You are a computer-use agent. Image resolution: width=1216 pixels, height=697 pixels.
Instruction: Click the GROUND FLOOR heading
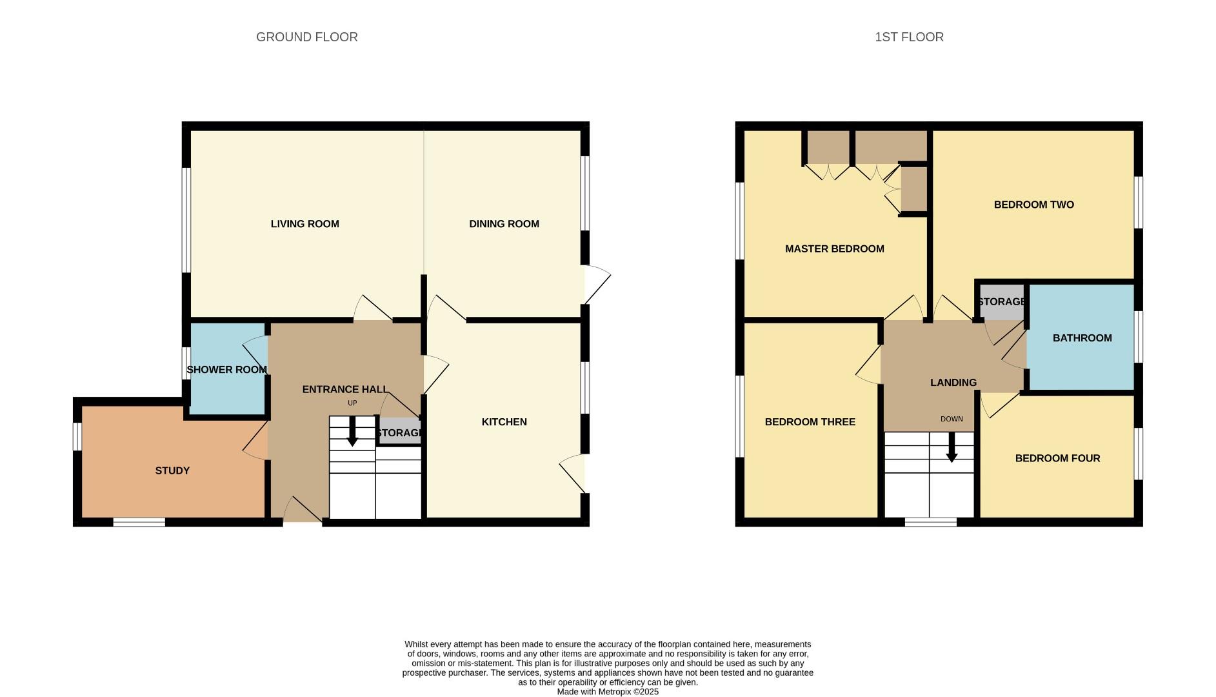(306, 37)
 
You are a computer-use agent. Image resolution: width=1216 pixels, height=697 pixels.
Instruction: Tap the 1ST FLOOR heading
(909, 37)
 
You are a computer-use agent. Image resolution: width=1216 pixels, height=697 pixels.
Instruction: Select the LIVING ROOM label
(304, 224)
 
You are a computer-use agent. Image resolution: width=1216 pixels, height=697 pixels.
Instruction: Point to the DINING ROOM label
(504, 224)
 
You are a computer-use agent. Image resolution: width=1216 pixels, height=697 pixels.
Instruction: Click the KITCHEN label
(504, 422)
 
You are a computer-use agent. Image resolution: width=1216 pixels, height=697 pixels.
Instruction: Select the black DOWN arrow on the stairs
(952, 447)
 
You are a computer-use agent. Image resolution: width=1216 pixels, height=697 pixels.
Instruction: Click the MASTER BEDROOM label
(834, 249)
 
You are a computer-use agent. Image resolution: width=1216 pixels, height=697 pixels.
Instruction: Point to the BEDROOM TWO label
(1033, 205)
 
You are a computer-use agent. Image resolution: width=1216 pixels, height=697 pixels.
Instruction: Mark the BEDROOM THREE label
(810, 422)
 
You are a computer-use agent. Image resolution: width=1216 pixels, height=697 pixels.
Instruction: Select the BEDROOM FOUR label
(1057, 459)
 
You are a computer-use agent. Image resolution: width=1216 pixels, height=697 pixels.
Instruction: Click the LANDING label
(953, 383)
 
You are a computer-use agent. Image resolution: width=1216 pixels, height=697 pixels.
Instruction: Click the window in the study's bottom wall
(139, 522)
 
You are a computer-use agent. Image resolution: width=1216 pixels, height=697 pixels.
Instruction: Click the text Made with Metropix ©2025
(608, 691)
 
